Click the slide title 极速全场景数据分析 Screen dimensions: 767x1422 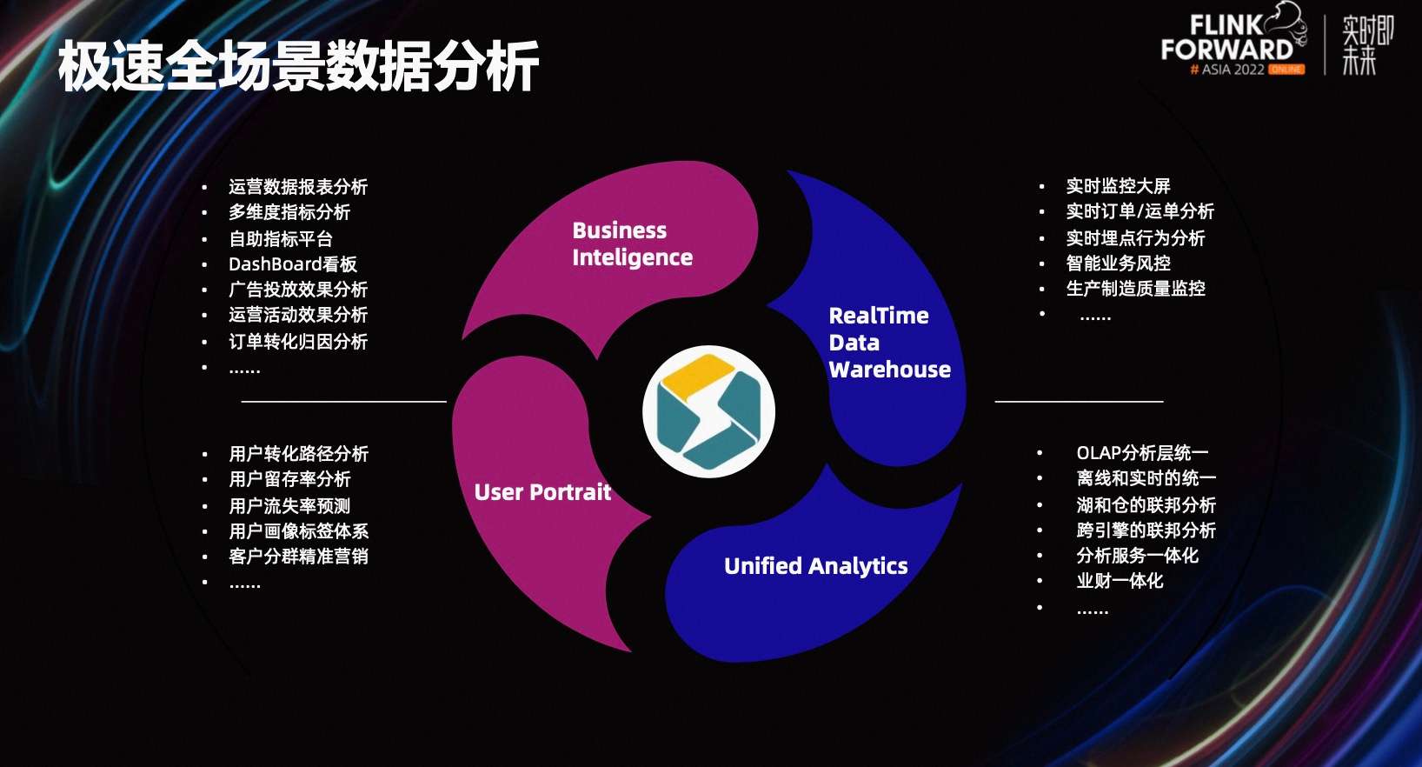pos(298,66)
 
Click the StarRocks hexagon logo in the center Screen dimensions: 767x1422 pos(708,411)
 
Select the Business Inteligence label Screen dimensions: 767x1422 pos(632,243)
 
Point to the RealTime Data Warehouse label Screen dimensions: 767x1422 pos(888,343)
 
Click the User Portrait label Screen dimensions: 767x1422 pos(542,492)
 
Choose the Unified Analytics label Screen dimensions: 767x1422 pos(815,566)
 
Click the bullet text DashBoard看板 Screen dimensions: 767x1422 pos(292,264)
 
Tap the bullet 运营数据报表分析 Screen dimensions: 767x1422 pos(297,187)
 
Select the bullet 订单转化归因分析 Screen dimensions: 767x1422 pos(297,342)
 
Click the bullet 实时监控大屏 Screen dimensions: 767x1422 pos(1118,186)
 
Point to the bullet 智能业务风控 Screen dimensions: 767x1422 pos(1118,263)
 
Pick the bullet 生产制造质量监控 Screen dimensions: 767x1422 pos(1135,289)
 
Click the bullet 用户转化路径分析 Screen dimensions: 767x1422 pos(298,454)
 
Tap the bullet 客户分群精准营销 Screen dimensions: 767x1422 pos(298,557)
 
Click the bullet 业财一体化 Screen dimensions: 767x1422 pos(1119,581)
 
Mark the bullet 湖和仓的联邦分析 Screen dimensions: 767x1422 pos(1145,505)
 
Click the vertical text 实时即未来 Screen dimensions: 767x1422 pos(1366,44)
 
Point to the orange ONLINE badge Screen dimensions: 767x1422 pos(1286,70)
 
